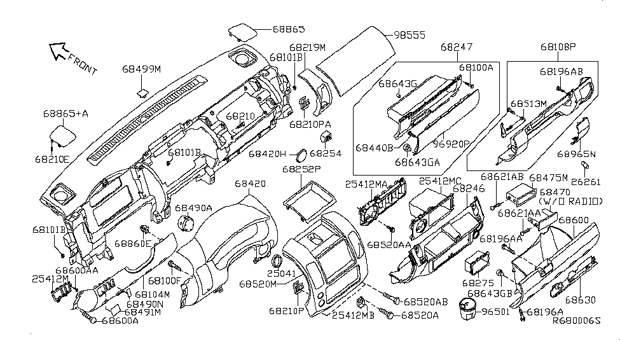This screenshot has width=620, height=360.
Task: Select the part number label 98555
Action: pyautogui.click(x=409, y=36)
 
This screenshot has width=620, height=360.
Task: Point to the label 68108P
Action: pyautogui.click(x=558, y=47)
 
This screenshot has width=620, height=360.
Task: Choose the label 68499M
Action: pyautogui.click(x=142, y=69)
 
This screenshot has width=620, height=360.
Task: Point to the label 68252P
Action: pyautogui.click(x=303, y=170)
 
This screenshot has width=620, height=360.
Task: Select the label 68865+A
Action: pyautogui.click(x=65, y=113)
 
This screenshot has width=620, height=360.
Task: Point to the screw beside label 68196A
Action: pyautogui.click(x=521, y=313)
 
